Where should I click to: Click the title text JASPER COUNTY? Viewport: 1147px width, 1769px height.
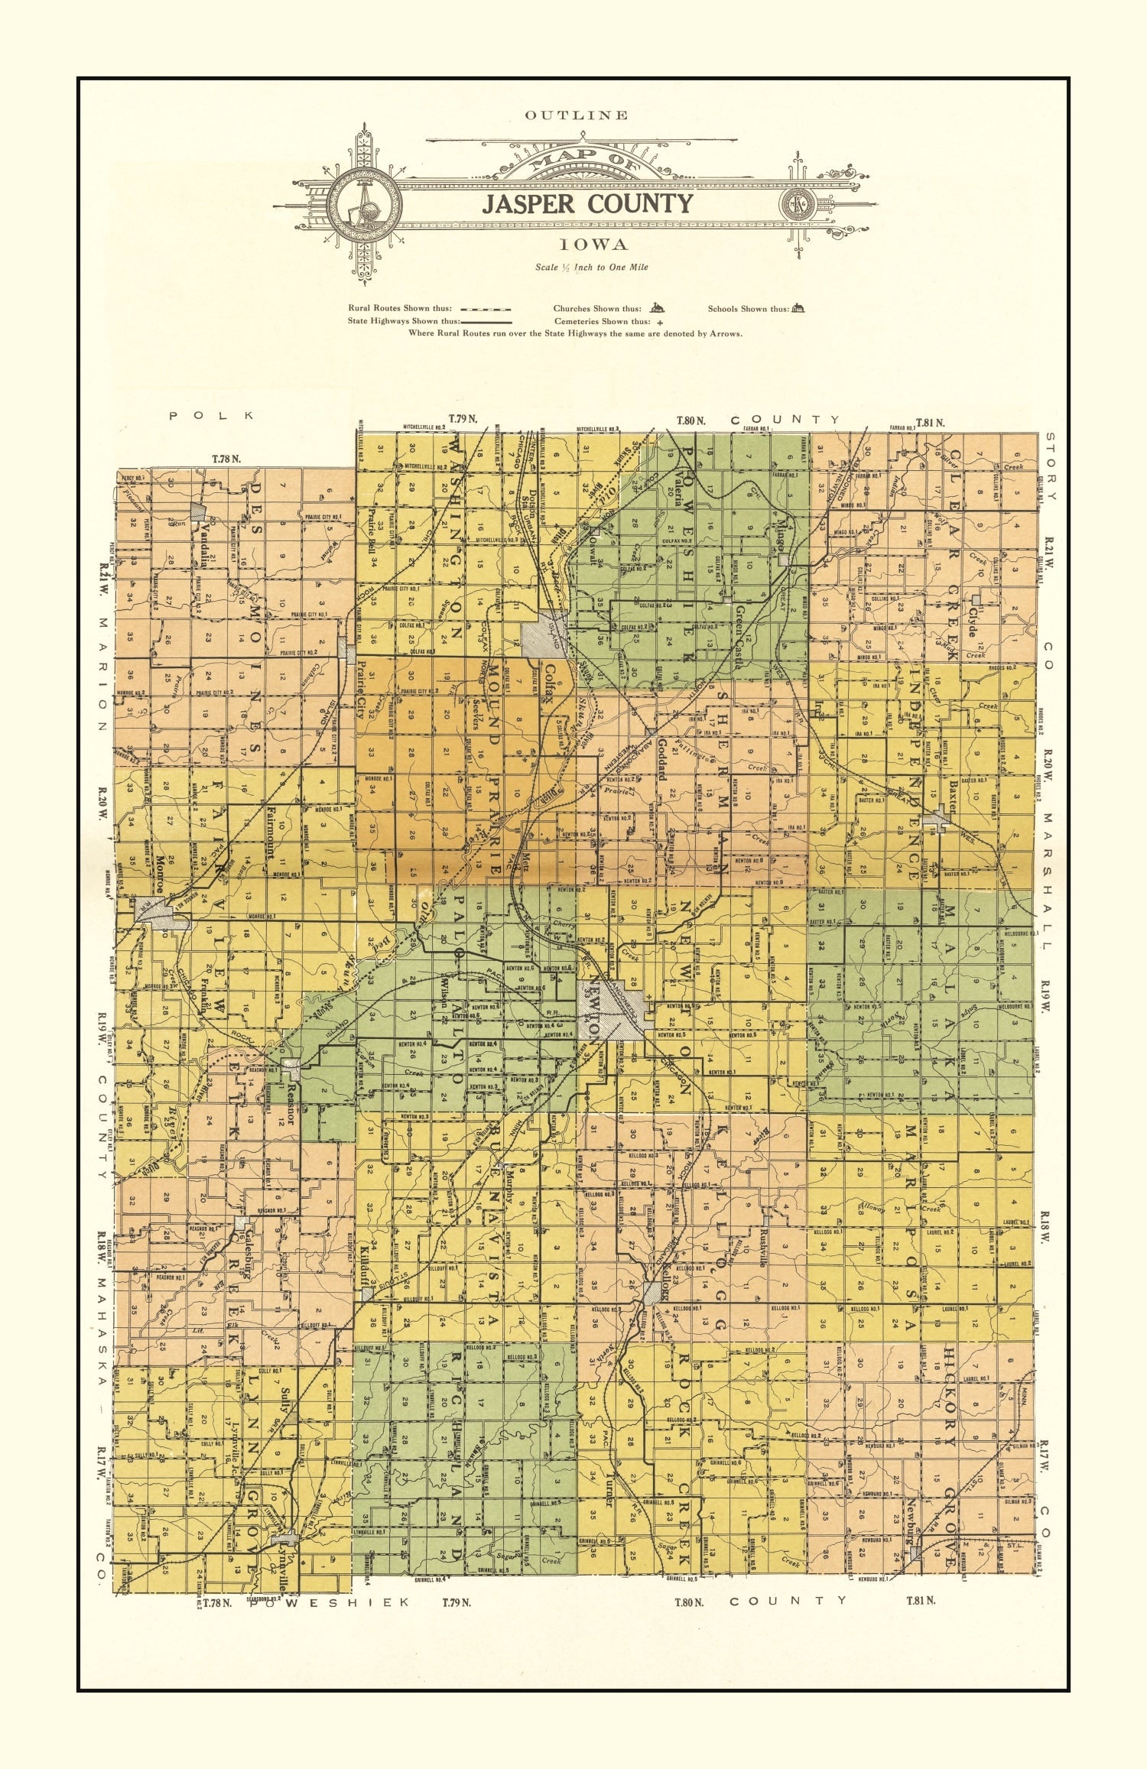pos(587,204)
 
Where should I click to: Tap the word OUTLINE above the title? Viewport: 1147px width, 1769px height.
pos(577,115)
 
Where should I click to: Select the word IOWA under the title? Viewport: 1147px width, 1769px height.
pos(593,245)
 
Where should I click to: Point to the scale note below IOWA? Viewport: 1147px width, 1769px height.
pos(591,267)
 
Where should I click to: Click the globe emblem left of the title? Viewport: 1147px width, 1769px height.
pos(365,203)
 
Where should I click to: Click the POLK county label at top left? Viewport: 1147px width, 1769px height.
pos(212,415)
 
